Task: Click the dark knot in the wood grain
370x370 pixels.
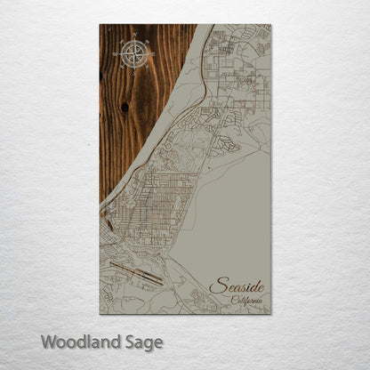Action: coord(125,107)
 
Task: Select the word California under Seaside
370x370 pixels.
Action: coord(246,301)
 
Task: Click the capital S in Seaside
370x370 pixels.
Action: coord(216,286)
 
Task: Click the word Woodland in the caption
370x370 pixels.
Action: coord(75,340)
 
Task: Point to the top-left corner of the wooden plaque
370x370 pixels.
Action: coord(101,26)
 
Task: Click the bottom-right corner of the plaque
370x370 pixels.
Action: coord(269,313)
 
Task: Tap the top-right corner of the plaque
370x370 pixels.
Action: coord(269,26)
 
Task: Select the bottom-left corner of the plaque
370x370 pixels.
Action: coord(101,313)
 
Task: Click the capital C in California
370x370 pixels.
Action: coord(233,301)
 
